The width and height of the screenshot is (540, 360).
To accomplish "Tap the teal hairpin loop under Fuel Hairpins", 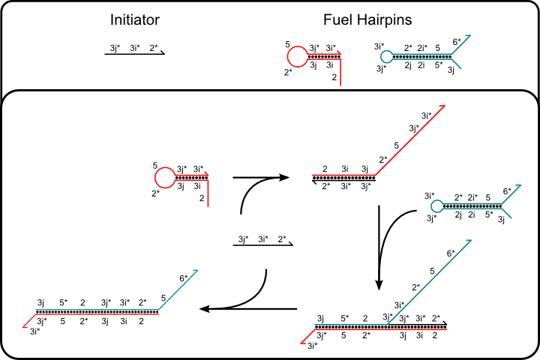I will tap(386, 56).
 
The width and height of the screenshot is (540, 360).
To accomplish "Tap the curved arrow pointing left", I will tap(240, 296).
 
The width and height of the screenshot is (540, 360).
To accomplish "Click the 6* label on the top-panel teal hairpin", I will tap(457, 43).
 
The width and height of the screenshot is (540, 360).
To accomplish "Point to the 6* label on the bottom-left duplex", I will tap(184, 278).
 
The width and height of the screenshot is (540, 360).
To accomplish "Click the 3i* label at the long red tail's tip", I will tap(426, 115).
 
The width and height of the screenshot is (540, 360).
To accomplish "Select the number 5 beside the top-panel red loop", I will tap(287, 43).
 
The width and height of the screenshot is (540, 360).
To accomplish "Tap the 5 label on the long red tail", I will tap(396, 145).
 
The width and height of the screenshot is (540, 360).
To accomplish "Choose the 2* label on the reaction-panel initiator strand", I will tap(282, 239).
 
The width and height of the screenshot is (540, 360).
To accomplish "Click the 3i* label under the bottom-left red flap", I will tap(34, 331).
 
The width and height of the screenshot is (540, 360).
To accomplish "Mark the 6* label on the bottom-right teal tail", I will tap(451, 254).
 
